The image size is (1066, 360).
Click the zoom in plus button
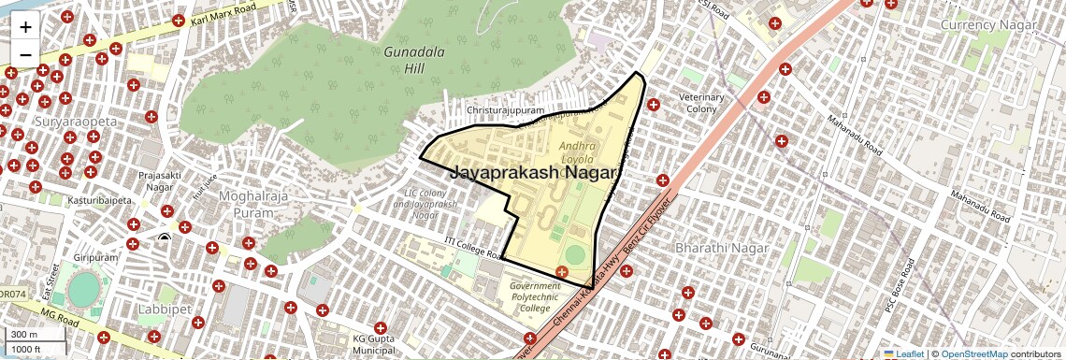(25, 27)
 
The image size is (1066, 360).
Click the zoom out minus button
(25, 54)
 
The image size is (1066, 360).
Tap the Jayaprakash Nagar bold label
(535, 173)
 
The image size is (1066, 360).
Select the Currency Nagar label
(987, 24)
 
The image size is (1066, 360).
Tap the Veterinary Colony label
(701, 103)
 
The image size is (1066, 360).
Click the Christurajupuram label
(505, 111)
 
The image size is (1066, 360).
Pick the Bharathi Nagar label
(721, 249)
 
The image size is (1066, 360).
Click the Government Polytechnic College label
(535, 296)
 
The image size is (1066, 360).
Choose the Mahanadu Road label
(855, 137)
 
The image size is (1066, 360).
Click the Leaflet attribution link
(904, 353)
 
